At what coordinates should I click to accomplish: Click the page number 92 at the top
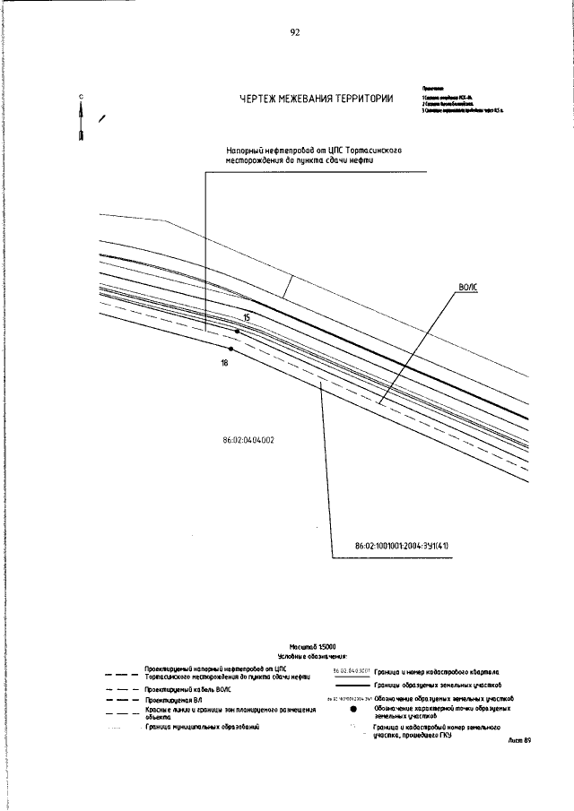click(x=294, y=32)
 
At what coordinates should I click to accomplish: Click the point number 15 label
click(x=246, y=318)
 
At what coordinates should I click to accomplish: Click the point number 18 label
click(x=224, y=363)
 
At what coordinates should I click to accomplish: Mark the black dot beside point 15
click(x=237, y=332)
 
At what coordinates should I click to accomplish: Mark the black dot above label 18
click(x=230, y=349)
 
